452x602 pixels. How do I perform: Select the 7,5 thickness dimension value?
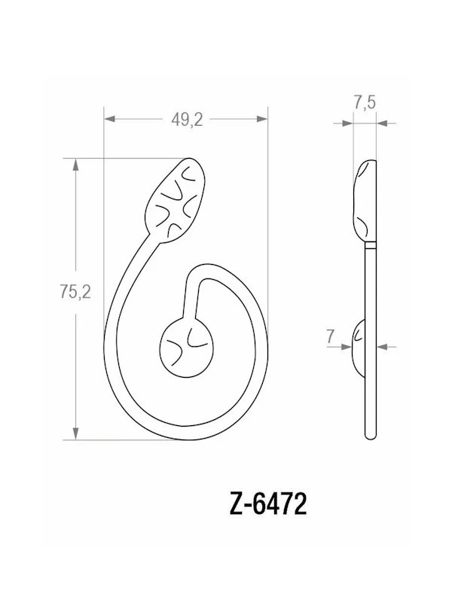click(x=365, y=104)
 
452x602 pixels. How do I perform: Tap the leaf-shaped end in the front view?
click(x=178, y=199)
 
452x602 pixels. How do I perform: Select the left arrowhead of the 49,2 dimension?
click(x=109, y=119)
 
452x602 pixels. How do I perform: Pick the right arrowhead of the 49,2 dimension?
click(x=263, y=119)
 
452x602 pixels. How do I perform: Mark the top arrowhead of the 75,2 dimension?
click(x=75, y=164)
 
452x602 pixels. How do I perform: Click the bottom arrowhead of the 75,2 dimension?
click(x=75, y=433)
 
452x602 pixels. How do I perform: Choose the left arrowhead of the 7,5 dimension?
click(x=347, y=120)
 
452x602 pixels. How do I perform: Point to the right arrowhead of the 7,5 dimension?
click(x=382, y=120)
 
